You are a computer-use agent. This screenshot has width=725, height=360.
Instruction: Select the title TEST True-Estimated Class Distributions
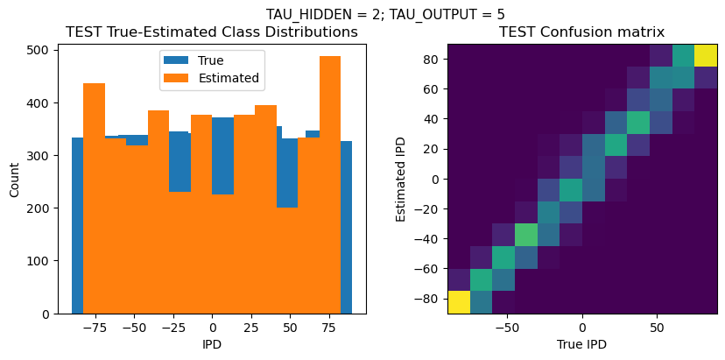[212, 32]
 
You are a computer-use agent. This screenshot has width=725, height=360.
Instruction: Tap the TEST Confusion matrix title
[581, 32]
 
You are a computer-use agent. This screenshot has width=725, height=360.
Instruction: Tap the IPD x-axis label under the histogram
[212, 344]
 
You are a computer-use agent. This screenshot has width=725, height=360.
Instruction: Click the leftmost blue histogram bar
[77, 219]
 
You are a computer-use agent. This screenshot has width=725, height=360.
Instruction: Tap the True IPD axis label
[581, 344]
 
